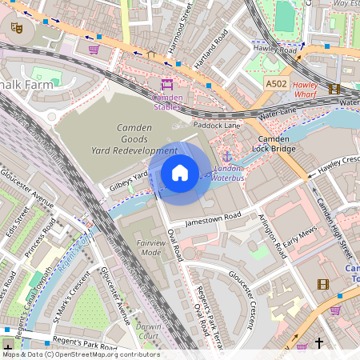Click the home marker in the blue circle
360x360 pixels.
pos(180,173)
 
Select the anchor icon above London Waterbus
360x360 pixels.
pos(227,157)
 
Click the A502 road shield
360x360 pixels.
pos(276,83)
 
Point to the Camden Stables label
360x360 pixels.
pos(167,102)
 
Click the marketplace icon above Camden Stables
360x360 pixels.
pos(167,85)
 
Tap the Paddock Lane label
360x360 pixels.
pos(217,126)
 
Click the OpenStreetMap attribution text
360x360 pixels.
pos(80,354)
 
